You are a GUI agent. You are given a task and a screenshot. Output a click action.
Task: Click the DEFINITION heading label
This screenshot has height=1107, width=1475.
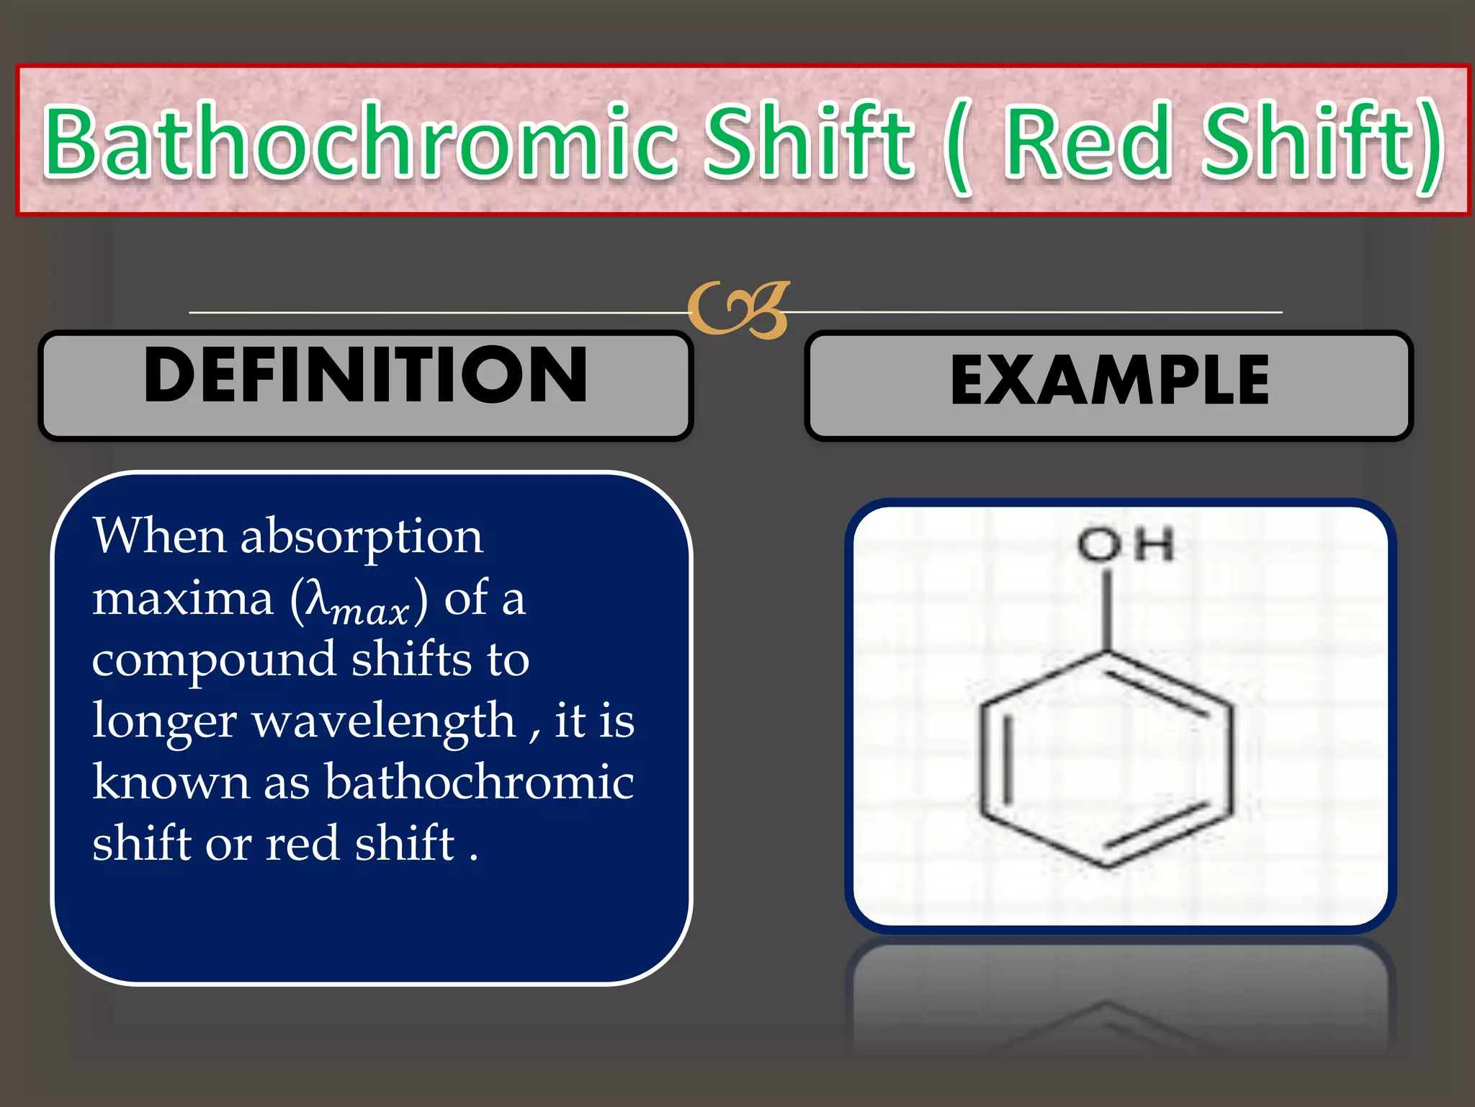(365, 375)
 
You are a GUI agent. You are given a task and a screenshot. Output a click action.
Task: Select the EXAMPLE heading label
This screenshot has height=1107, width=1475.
(1109, 380)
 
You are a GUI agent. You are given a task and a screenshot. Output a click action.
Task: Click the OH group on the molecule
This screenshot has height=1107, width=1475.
(1126, 544)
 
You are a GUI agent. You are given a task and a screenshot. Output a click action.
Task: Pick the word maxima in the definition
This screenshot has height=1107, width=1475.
(183, 598)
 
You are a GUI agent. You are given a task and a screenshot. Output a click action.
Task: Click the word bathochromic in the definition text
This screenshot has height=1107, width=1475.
(479, 781)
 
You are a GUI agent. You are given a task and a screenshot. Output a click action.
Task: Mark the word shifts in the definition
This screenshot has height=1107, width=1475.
(411, 659)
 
